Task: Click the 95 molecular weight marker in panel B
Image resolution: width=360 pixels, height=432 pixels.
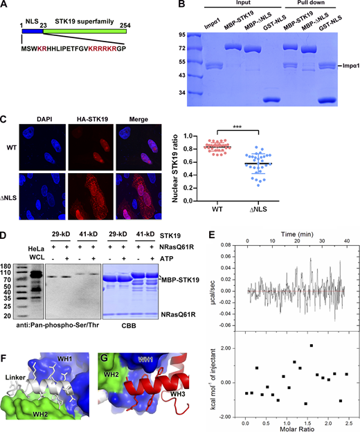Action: coord(181,34)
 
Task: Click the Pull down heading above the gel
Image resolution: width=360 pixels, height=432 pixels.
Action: coord(309,8)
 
